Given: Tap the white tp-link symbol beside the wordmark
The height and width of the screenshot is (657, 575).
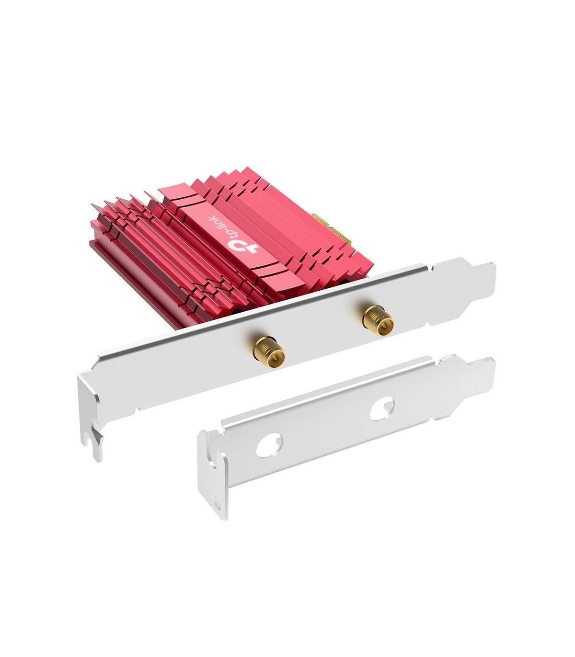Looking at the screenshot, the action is click(x=244, y=247).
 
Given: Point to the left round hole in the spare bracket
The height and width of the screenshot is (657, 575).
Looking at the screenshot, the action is click(x=269, y=444).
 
